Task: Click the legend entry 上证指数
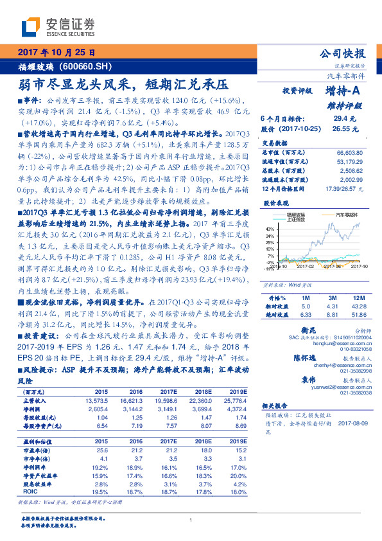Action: [294, 220]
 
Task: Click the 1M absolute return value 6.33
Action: [306, 315]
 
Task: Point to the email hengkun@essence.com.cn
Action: [345, 344]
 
